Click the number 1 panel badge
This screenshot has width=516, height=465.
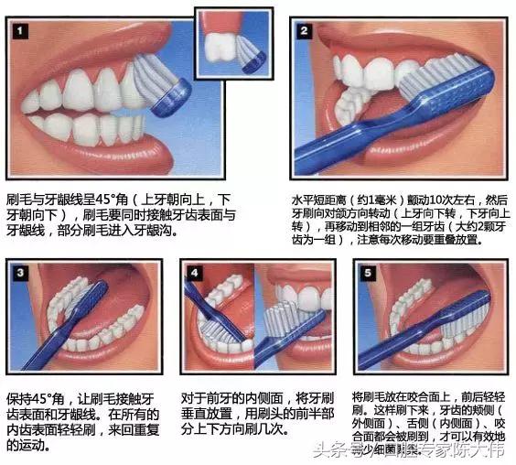(x=21, y=32)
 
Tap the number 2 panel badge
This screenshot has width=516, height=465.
(x=303, y=30)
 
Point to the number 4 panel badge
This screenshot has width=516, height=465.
(x=194, y=273)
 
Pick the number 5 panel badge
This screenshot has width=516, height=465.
(x=366, y=273)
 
